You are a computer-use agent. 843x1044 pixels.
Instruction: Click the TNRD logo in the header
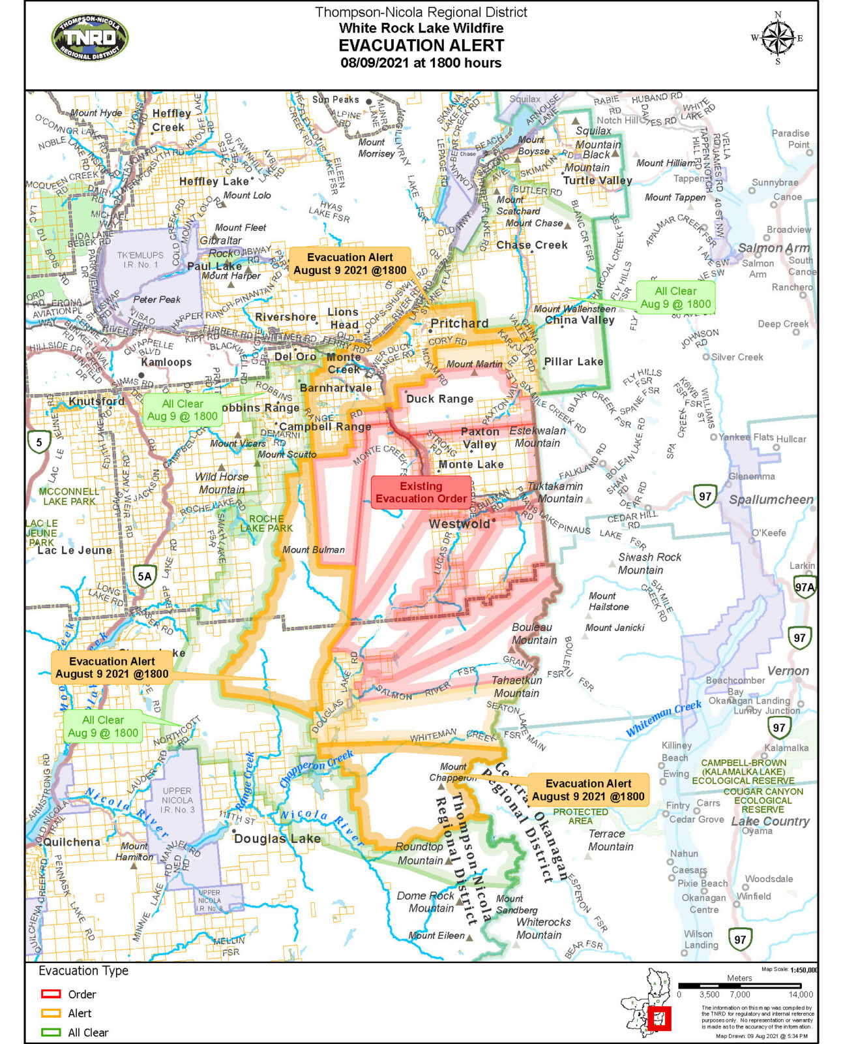coord(90,38)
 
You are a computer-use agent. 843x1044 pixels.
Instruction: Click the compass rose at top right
coord(777,38)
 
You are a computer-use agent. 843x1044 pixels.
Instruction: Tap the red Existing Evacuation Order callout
coord(421,493)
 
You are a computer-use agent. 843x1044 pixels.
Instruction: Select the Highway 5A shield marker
coord(144,576)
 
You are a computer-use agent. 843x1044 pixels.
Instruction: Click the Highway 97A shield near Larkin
coord(805,587)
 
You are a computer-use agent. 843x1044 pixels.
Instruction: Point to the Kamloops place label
coord(166,362)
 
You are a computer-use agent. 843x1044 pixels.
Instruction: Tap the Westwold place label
coord(459,524)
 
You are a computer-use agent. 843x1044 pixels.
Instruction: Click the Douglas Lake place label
coord(277,838)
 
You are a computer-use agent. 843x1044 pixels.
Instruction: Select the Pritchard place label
coord(459,324)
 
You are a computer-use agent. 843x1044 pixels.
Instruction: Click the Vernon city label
coord(788,671)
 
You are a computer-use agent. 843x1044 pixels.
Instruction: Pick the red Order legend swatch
coord(51,994)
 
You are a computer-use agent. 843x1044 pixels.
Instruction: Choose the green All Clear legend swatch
coord(51,1032)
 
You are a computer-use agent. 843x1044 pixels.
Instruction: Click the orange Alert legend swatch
coord(51,1013)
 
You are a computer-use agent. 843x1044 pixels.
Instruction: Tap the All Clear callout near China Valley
coord(675,298)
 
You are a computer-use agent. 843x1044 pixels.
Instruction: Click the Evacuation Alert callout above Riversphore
coord(350,264)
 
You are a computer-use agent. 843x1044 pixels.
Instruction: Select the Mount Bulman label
coord(314,549)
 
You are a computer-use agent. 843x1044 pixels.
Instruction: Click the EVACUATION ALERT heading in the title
coord(421,46)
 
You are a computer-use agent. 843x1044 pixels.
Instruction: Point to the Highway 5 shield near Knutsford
coord(39,442)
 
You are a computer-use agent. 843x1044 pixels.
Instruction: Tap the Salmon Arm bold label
coord(773,248)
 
